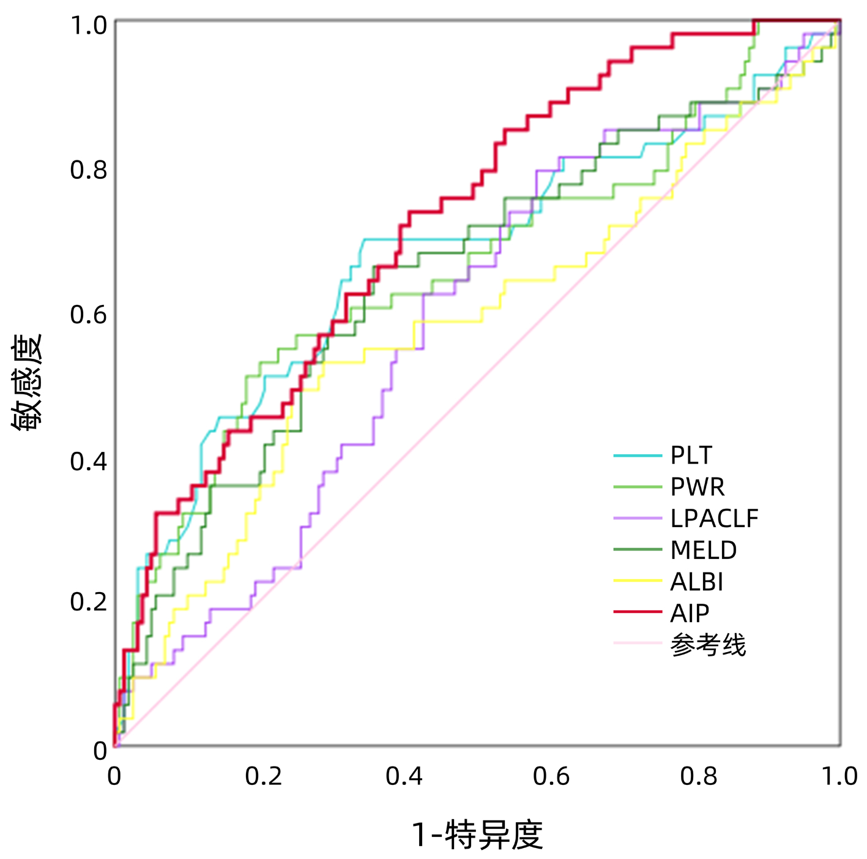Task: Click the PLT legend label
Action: [x=691, y=456]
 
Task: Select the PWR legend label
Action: [x=698, y=487]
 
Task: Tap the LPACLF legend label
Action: [x=714, y=519]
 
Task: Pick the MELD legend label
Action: [x=704, y=550]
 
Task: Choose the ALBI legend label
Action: [x=697, y=582]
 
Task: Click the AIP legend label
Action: [x=690, y=613]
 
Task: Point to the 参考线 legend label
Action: [x=708, y=645]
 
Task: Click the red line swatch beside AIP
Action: [x=638, y=612]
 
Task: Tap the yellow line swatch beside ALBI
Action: [x=638, y=580]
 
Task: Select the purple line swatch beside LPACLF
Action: [x=638, y=518]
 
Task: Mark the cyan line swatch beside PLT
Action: [x=638, y=456]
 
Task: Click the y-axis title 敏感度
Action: [x=27, y=382]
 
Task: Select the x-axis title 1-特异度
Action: [x=477, y=835]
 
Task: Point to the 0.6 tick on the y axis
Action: [x=88, y=315]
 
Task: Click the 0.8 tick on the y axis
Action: [x=88, y=170]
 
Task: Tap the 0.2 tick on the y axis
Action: [x=88, y=602]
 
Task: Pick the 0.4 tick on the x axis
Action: [x=404, y=776]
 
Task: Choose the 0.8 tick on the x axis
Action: [x=698, y=776]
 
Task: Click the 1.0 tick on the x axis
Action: [x=839, y=776]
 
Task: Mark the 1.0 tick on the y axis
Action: [x=88, y=26]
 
